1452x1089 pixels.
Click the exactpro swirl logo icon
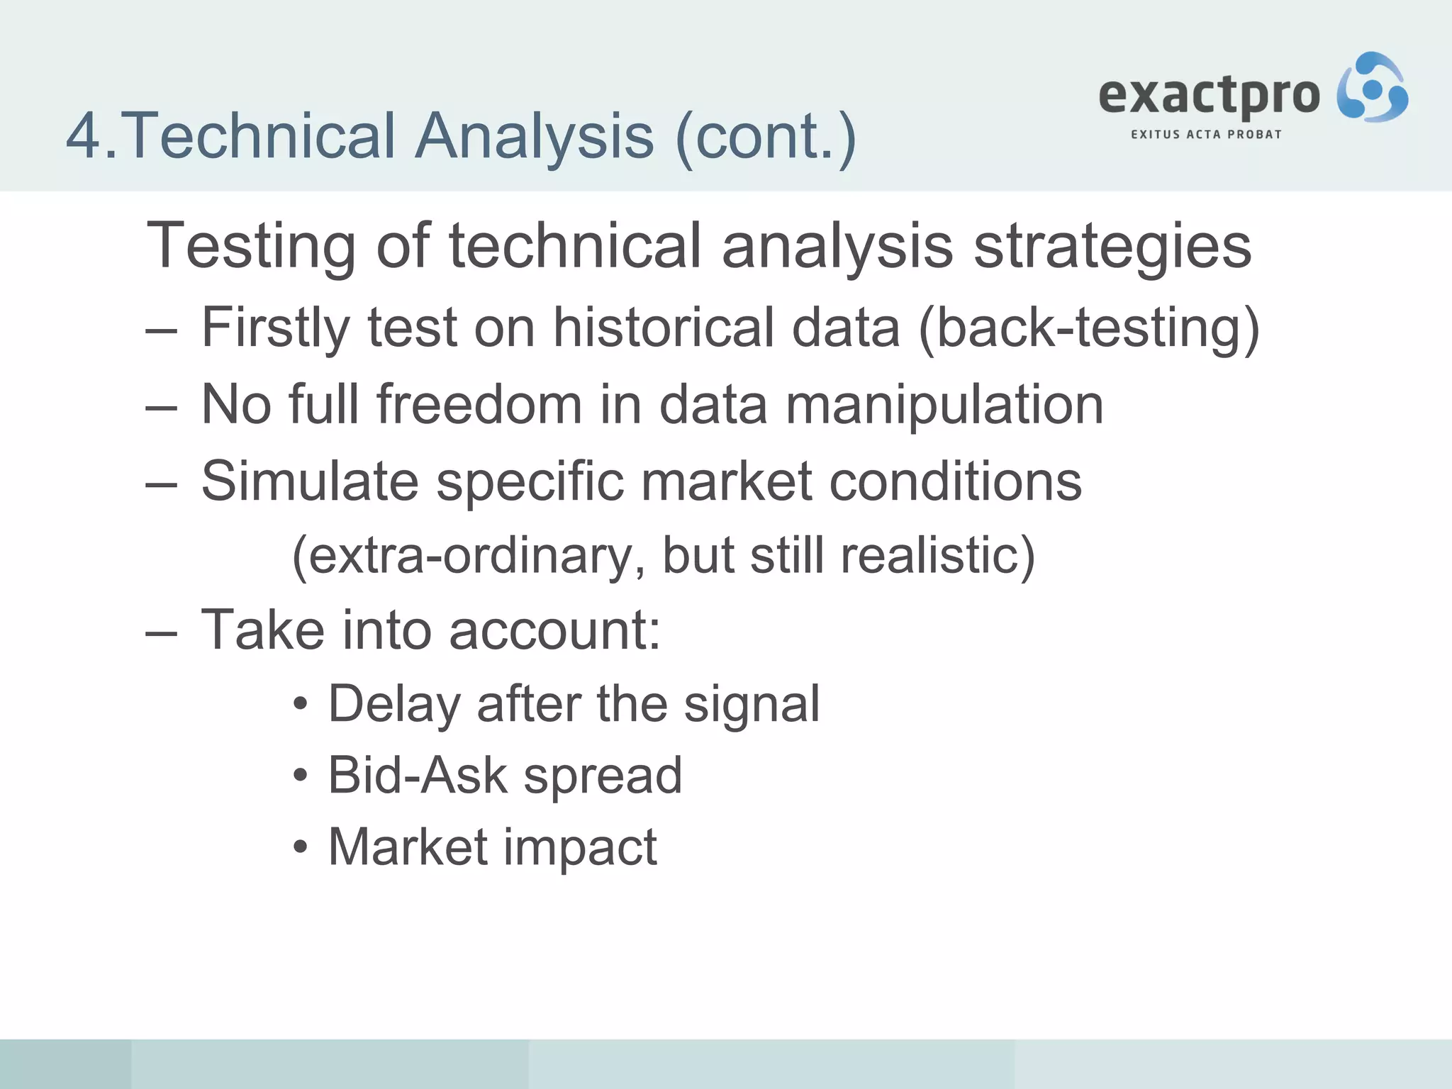(1372, 88)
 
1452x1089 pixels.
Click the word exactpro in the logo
(1209, 96)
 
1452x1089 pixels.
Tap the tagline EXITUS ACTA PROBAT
(1206, 135)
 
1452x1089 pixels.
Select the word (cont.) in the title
(766, 136)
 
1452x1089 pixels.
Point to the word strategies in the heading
(1112, 247)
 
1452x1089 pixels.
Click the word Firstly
(276, 328)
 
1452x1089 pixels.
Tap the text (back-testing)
(1089, 328)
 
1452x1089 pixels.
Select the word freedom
(479, 404)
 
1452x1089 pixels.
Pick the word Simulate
(310, 481)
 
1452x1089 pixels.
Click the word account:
(554, 630)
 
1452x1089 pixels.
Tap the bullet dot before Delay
(301, 705)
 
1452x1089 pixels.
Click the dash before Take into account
(160, 631)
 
